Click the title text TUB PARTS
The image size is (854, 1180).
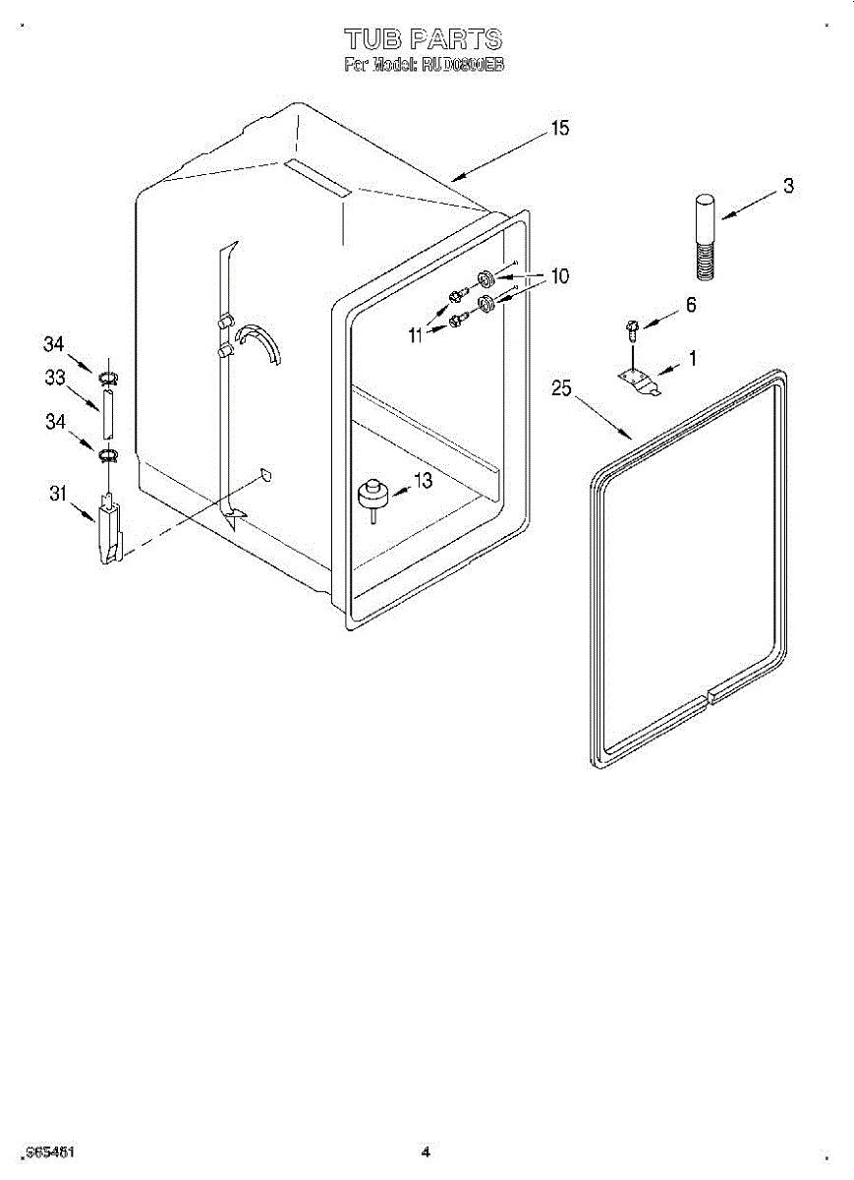(424, 39)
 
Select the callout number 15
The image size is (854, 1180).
(560, 129)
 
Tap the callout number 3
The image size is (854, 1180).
(788, 186)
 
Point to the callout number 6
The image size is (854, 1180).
(691, 306)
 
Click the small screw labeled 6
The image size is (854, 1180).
(632, 326)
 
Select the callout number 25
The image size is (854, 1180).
(560, 388)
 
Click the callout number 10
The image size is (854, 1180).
(558, 277)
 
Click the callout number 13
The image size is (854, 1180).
(424, 481)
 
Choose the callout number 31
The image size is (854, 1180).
(58, 495)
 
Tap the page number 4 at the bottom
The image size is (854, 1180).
(426, 1151)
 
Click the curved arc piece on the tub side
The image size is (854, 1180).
(261, 339)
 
